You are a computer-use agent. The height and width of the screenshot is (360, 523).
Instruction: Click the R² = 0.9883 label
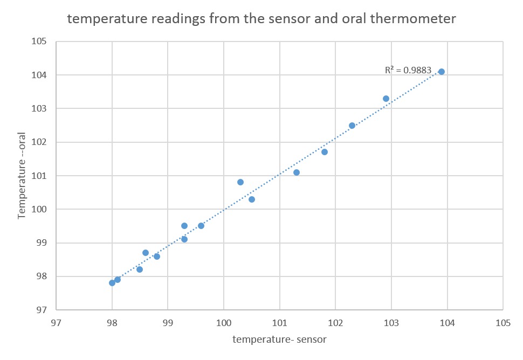pos(408,70)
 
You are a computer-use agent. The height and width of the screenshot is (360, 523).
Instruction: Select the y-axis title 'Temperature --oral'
pos(23,176)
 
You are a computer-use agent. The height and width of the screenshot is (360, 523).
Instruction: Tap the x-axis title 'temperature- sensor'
pos(279,340)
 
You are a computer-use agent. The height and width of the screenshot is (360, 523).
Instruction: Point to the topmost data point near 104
pos(442,72)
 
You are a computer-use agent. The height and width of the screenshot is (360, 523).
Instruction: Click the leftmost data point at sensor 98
pos(112,283)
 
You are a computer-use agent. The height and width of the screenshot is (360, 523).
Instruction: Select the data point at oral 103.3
pos(386,99)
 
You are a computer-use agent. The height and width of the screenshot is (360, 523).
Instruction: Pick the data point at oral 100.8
pos(240,182)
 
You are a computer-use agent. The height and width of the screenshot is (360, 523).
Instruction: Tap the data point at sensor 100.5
pos(252,199)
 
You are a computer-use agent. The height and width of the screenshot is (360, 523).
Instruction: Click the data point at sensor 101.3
pos(297,172)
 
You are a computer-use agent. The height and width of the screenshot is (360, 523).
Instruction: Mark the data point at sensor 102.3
pos(352,126)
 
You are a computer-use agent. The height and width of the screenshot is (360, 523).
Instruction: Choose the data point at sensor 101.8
pos(325,152)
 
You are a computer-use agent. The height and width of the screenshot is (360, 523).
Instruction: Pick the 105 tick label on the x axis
pos(503,323)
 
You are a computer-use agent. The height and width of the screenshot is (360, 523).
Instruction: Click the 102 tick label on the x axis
pos(335,323)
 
